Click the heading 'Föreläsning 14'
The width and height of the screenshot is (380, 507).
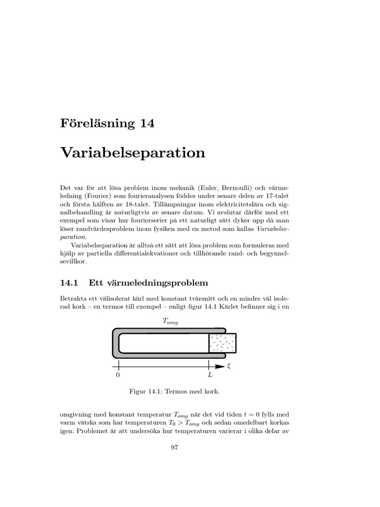click(x=107, y=123)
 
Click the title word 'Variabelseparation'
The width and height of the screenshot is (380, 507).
click(x=133, y=153)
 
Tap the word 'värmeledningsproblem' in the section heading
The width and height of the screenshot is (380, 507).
click(x=157, y=283)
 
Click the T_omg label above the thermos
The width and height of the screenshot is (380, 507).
click(x=169, y=322)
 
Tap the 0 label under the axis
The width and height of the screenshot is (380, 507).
click(x=118, y=376)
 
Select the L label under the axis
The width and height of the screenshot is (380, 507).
click(x=210, y=376)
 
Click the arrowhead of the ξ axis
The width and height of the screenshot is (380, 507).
click(x=220, y=366)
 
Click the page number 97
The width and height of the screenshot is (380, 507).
click(x=174, y=448)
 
